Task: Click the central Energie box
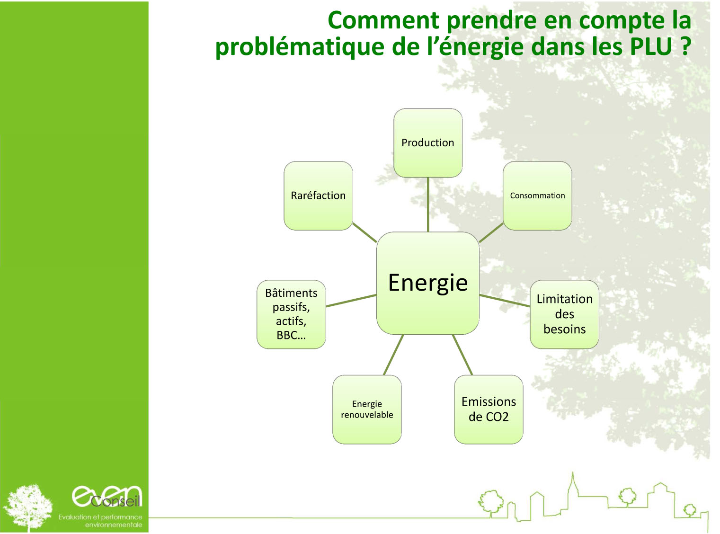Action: (427, 283)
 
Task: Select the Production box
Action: (428, 143)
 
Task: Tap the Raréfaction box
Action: (318, 196)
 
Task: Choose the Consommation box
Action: (537, 196)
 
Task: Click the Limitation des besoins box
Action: (565, 314)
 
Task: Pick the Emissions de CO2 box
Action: (489, 409)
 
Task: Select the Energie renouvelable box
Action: (367, 409)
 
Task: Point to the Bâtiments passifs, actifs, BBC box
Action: (291, 314)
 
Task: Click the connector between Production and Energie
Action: (428, 205)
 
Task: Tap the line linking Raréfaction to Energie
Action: (364, 232)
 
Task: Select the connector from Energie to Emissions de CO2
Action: (462, 355)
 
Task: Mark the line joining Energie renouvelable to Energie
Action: (393, 355)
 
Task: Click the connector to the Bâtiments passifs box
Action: (351, 301)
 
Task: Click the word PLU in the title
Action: (651, 46)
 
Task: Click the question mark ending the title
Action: (685, 46)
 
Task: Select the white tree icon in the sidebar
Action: (28, 507)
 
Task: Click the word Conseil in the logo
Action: (116, 501)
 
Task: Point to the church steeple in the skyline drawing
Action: (573, 484)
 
